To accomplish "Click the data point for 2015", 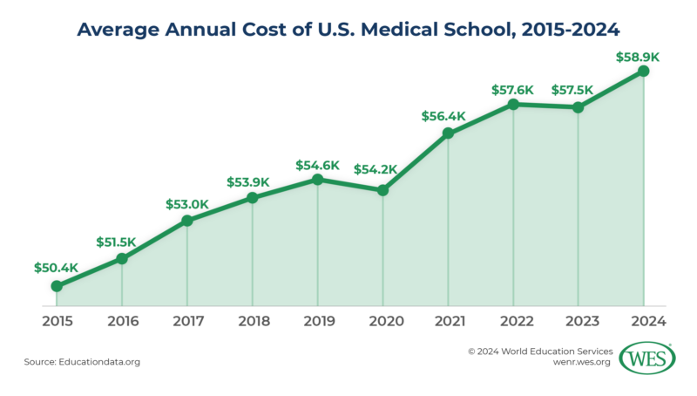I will pos(57,286).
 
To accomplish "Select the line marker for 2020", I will pos(382,190).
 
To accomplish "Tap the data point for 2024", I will pos(643,72).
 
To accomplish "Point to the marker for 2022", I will pos(513,105).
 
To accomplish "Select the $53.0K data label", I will pos(186,204).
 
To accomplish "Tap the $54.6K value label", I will pos(317,164).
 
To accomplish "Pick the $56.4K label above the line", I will pos(448,115).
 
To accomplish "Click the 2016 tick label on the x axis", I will pos(122,321).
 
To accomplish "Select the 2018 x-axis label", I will pos(252,321).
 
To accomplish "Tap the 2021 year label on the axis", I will pos(448,321).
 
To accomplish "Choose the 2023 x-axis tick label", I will pos(579,321).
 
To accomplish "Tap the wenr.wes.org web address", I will pos(578,365).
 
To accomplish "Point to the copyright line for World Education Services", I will pos(540,352).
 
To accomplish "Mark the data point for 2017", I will pos(186,221).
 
